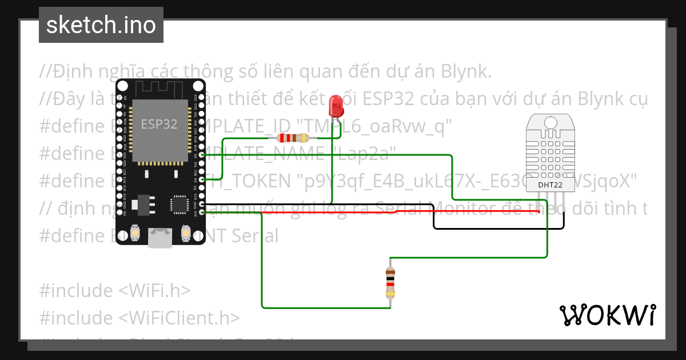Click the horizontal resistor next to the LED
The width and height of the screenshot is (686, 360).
(292, 137)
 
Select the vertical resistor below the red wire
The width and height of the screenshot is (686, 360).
(390, 283)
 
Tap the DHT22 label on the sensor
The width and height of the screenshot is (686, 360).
(549, 185)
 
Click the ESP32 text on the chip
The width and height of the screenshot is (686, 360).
(159, 124)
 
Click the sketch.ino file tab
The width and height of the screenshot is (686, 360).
(101, 25)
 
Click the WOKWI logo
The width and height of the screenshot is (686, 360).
(607, 315)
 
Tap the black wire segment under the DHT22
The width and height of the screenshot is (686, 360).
(497, 228)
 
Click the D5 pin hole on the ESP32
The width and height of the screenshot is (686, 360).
(201, 155)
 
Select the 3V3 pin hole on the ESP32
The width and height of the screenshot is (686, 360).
(201, 212)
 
